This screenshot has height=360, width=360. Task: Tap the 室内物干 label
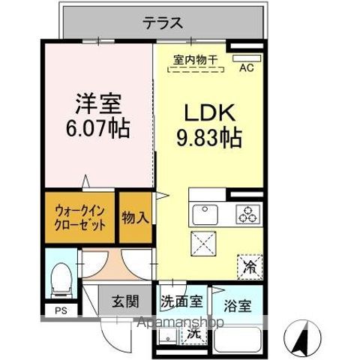pos(194,58)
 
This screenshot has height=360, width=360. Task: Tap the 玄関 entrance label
pos(125,303)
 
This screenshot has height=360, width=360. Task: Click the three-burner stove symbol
pos(245,214)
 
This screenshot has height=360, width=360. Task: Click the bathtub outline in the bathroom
pos(238,340)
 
